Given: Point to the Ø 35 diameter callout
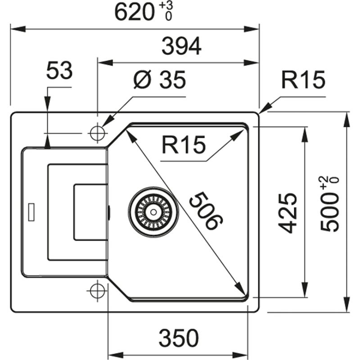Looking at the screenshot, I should coord(159,81).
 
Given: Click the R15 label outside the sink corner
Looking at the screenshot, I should coord(303,81).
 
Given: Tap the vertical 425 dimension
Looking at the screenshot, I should coord(288,212).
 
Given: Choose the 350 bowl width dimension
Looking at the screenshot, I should coord(178,337).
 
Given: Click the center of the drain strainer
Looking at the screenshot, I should coord(153,211).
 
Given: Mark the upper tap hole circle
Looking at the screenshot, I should coord(97,133).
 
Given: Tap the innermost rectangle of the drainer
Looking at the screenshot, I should coord(90,211).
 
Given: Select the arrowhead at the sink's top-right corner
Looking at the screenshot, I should coord(264,108).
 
